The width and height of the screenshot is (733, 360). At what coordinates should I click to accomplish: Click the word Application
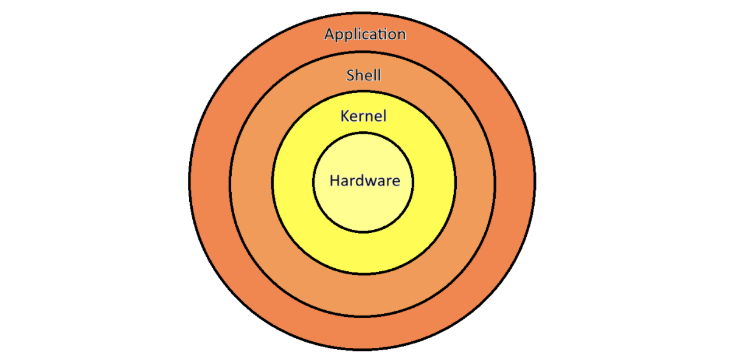click(x=365, y=35)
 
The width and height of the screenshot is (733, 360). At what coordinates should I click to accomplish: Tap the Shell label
click(x=364, y=75)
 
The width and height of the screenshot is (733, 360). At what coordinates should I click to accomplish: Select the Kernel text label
click(x=363, y=116)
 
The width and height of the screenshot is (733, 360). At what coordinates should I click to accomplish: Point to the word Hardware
click(x=364, y=181)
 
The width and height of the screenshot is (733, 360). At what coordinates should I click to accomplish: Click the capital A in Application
click(x=329, y=35)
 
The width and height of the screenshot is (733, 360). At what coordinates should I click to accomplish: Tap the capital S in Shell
click(x=350, y=75)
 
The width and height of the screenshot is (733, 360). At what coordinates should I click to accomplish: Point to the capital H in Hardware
click(x=335, y=181)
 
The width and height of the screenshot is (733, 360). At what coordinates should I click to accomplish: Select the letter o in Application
click(x=392, y=36)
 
